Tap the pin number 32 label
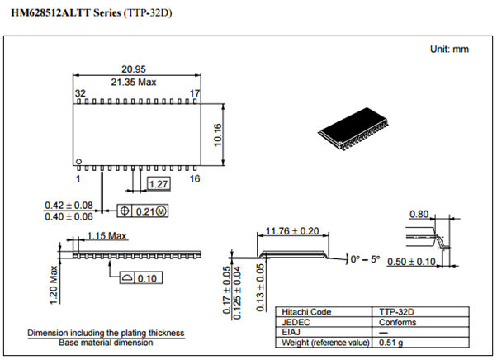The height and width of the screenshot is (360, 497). coord(81,94)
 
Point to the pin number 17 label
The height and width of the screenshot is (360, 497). coord(196,94)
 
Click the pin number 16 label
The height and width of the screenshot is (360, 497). coord(195,178)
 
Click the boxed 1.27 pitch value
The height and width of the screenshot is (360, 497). coord(159,183)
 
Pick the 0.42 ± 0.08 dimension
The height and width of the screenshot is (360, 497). coord(69,206)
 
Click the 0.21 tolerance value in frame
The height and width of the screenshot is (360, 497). coord(145,211)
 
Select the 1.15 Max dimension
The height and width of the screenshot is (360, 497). coord(106,236)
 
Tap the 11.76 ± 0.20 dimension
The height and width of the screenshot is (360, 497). coord(294,232)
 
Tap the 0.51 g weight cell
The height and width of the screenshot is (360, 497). coord(388,342)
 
